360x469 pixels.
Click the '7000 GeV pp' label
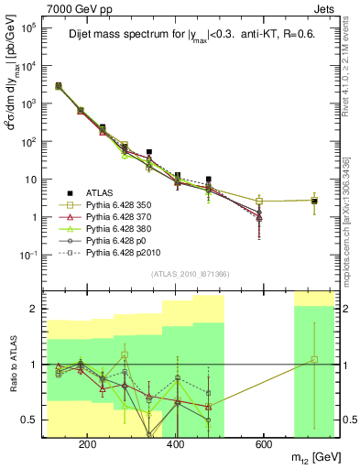[75, 7]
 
